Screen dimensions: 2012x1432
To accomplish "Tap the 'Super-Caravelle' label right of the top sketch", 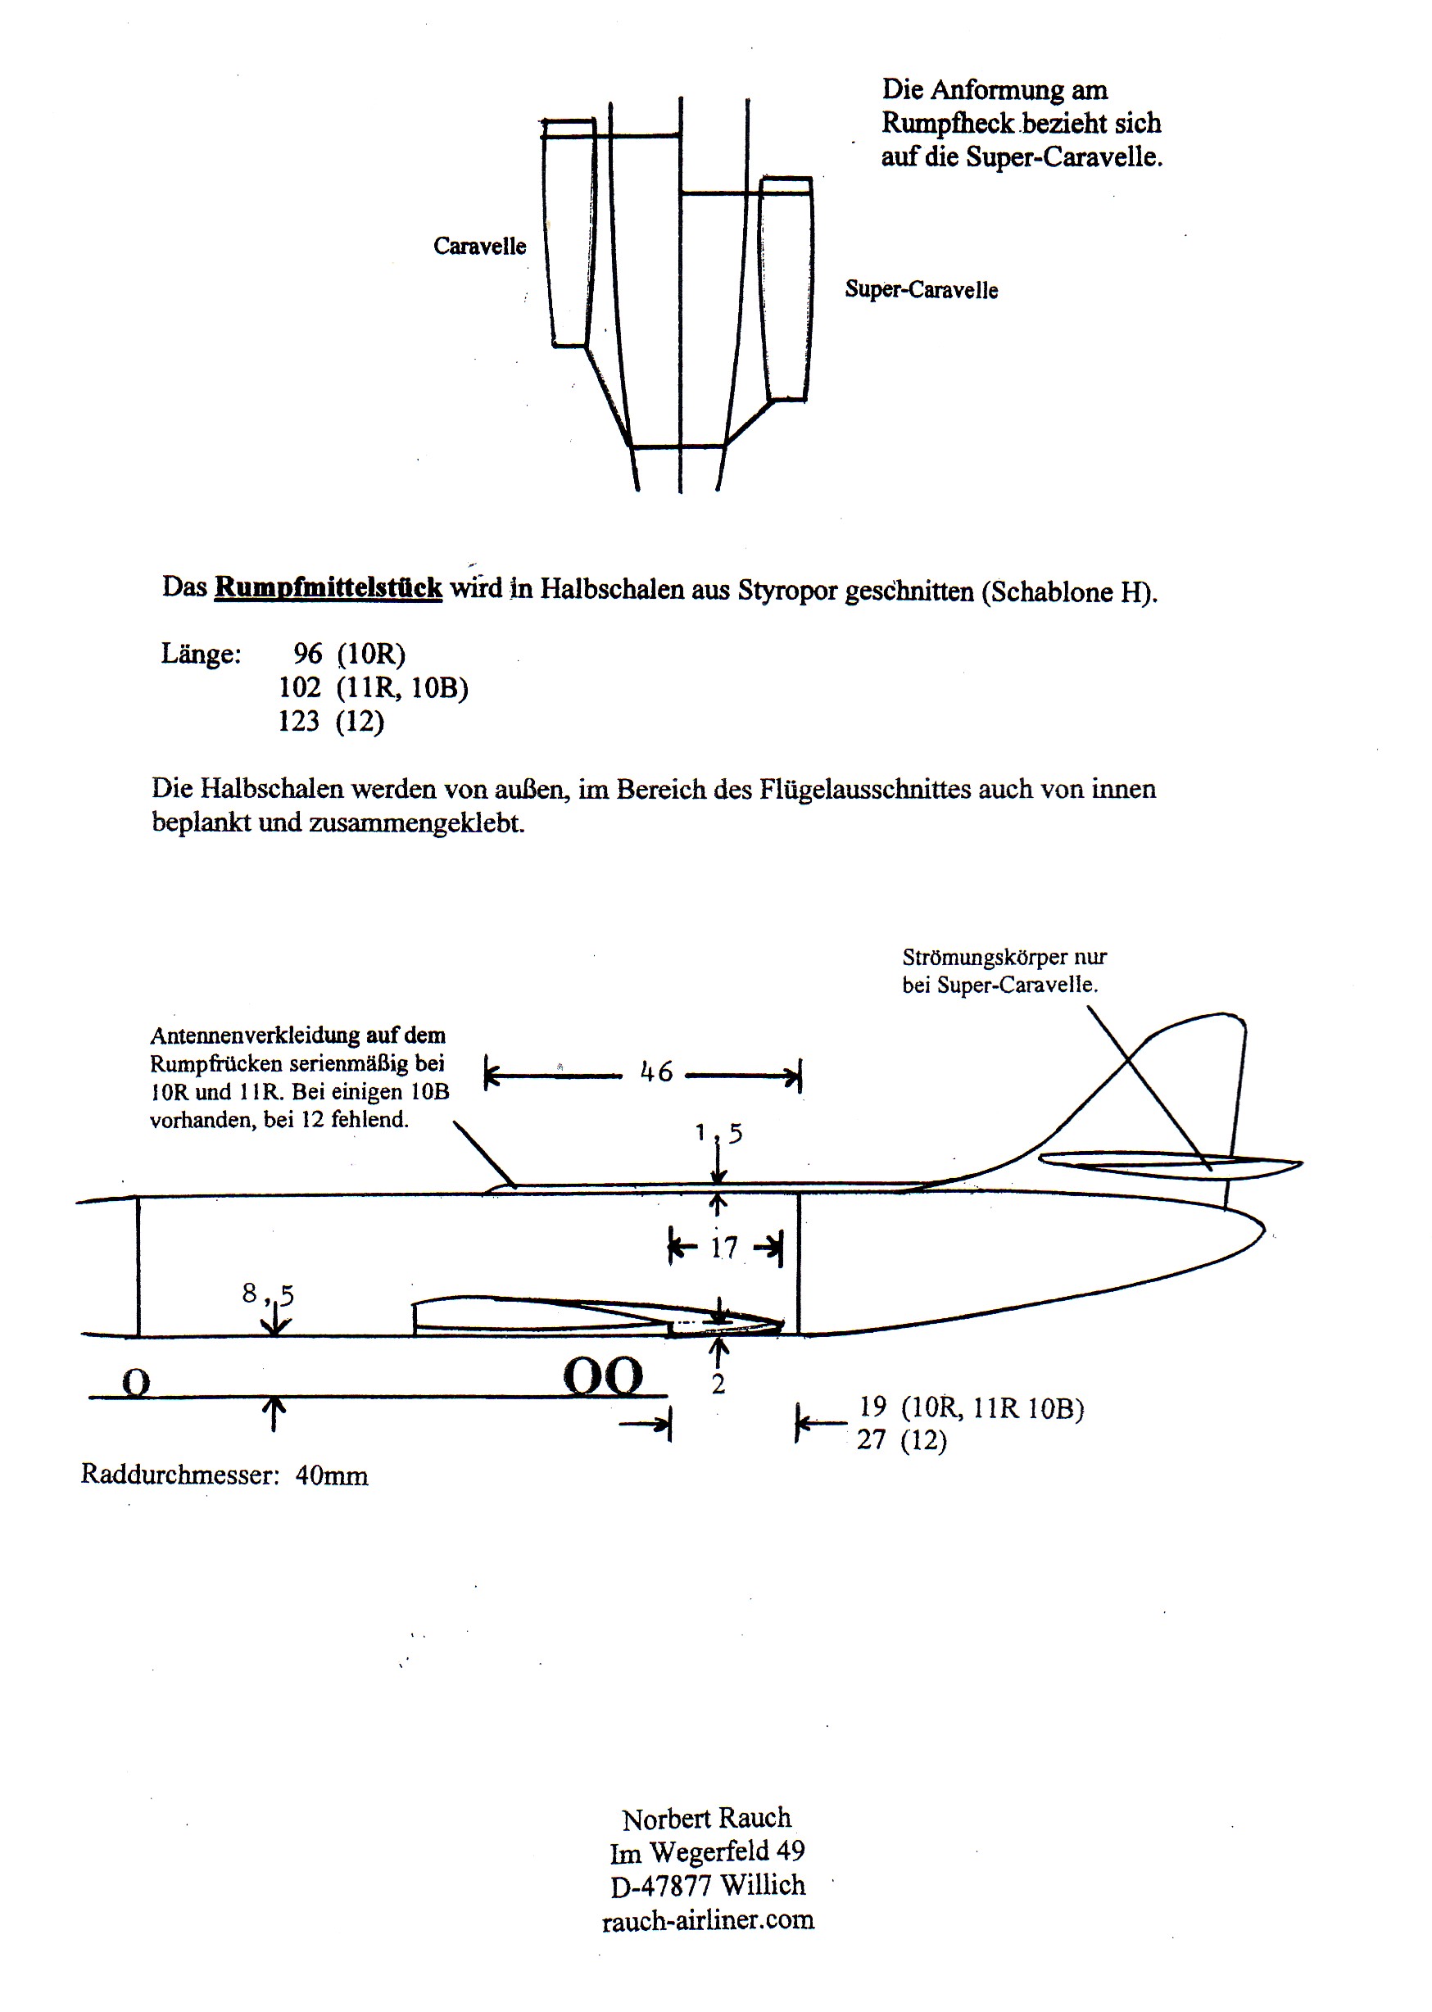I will click(x=921, y=290).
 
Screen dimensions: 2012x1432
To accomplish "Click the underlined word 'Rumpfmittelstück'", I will click(x=328, y=587).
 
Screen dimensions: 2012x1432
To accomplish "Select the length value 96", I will click(x=308, y=654).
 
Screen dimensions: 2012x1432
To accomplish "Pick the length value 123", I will click(x=298, y=721).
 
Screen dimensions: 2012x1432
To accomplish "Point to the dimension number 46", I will click(x=656, y=1073).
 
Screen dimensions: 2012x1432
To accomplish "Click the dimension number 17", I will click(x=724, y=1248).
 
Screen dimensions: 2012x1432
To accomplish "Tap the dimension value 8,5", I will click(x=268, y=1294).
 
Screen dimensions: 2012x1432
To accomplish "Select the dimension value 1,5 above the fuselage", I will click(x=718, y=1133).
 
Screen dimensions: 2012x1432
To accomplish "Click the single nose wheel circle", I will click(x=136, y=1383).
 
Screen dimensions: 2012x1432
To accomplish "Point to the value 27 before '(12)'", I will click(x=871, y=1440).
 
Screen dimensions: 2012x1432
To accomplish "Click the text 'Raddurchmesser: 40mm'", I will click(x=224, y=1475).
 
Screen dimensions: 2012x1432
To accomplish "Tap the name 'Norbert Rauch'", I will click(x=706, y=1818).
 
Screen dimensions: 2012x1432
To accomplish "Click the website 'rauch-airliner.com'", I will click(x=707, y=1919).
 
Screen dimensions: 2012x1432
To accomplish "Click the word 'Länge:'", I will click(x=200, y=655).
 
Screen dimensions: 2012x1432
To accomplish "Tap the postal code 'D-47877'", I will click(x=660, y=1885).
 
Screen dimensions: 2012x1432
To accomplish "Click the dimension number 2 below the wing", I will click(x=718, y=1384).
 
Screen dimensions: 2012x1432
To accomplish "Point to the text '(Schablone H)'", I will click(x=1067, y=591).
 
